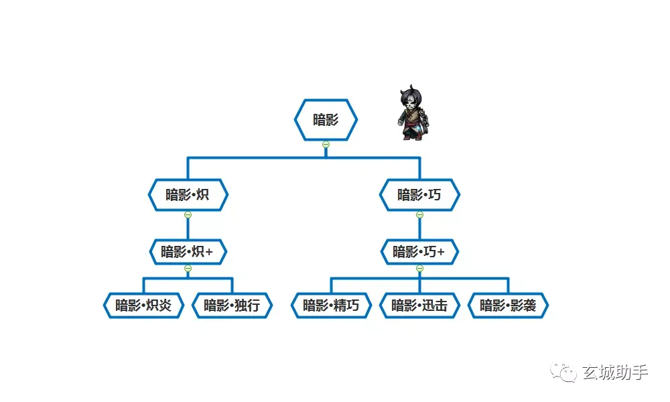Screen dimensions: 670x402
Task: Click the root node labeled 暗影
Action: tap(326, 120)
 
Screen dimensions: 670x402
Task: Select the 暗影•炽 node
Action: tap(188, 195)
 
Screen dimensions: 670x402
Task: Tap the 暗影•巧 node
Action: tap(419, 195)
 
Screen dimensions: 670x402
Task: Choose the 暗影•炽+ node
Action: tap(188, 252)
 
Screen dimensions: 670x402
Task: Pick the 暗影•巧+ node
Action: tap(419, 252)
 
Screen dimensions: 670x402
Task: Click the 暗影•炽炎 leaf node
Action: tap(143, 306)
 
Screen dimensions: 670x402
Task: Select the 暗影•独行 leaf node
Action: tap(232, 306)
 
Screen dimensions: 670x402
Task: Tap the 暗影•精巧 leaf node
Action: tap(331, 306)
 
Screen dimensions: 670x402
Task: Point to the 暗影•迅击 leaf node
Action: tap(419, 306)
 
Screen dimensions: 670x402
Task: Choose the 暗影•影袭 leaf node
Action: tap(508, 306)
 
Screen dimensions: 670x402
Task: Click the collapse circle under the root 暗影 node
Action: tap(326, 145)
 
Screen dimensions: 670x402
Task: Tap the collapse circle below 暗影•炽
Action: tap(188, 215)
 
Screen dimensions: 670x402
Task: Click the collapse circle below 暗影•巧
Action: tap(419, 215)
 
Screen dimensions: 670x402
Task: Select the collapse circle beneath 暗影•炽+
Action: tap(188, 268)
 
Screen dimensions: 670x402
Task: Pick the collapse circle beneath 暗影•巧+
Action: tap(419, 268)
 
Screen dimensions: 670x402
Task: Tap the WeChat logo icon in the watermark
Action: tap(563, 373)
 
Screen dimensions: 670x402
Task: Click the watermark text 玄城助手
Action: tap(615, 373)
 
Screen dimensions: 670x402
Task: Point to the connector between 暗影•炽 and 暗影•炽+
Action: tap(188, 229)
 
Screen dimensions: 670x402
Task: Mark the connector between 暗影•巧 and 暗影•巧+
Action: tap(419, 229)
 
